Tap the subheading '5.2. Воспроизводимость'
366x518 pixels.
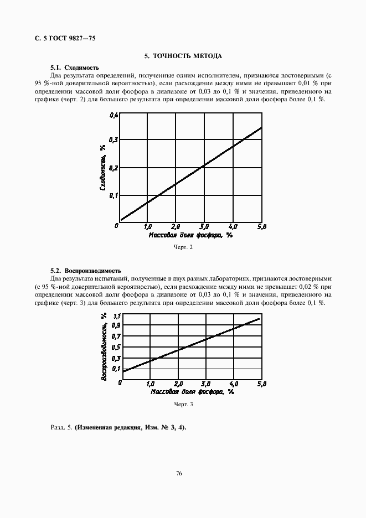(x=86, y=271)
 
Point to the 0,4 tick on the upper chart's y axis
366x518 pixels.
(x=114, y=115)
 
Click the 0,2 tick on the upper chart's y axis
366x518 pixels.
(x=114, y=168)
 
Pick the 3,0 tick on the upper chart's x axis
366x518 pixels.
(x=204, y=226)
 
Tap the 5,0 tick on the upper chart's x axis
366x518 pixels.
(x=262, y=226)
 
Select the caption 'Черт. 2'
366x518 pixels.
(x=183, y=247)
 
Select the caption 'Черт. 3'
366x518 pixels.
(x=183, y=405)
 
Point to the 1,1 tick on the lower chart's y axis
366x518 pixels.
(x=116, y=315)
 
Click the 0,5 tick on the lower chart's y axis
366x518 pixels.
(x=116, y=347)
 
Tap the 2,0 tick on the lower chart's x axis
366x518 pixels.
(x=178, y=384)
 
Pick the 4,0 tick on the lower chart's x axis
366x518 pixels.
(x=233, y=384)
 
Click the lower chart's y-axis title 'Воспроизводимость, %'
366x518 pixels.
(x=104, y=346)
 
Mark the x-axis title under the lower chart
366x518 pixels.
(x=192, y=392)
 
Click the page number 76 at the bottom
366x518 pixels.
(x=179, y=473)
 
